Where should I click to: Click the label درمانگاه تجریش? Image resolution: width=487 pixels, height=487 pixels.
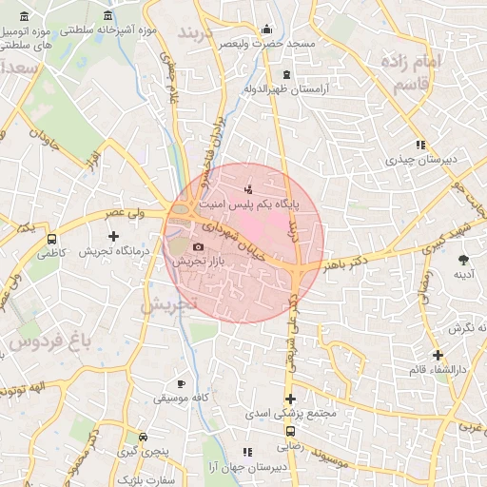pyautogui.click(x=115, y=251)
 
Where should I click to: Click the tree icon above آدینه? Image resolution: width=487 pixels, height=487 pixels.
pyautogui.click(x=464, y=260)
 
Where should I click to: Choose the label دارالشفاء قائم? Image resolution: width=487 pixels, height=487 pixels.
pyautogui.click(x=437, y=368)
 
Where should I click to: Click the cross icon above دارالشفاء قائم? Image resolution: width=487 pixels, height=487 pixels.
pyautogui.click(x=438, y=355)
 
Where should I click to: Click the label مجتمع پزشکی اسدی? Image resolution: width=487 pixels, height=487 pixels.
pyautogui.click(x=288, y=414)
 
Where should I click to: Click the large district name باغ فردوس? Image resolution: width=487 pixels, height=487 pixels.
pyautogui.click(x=36, y=340)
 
